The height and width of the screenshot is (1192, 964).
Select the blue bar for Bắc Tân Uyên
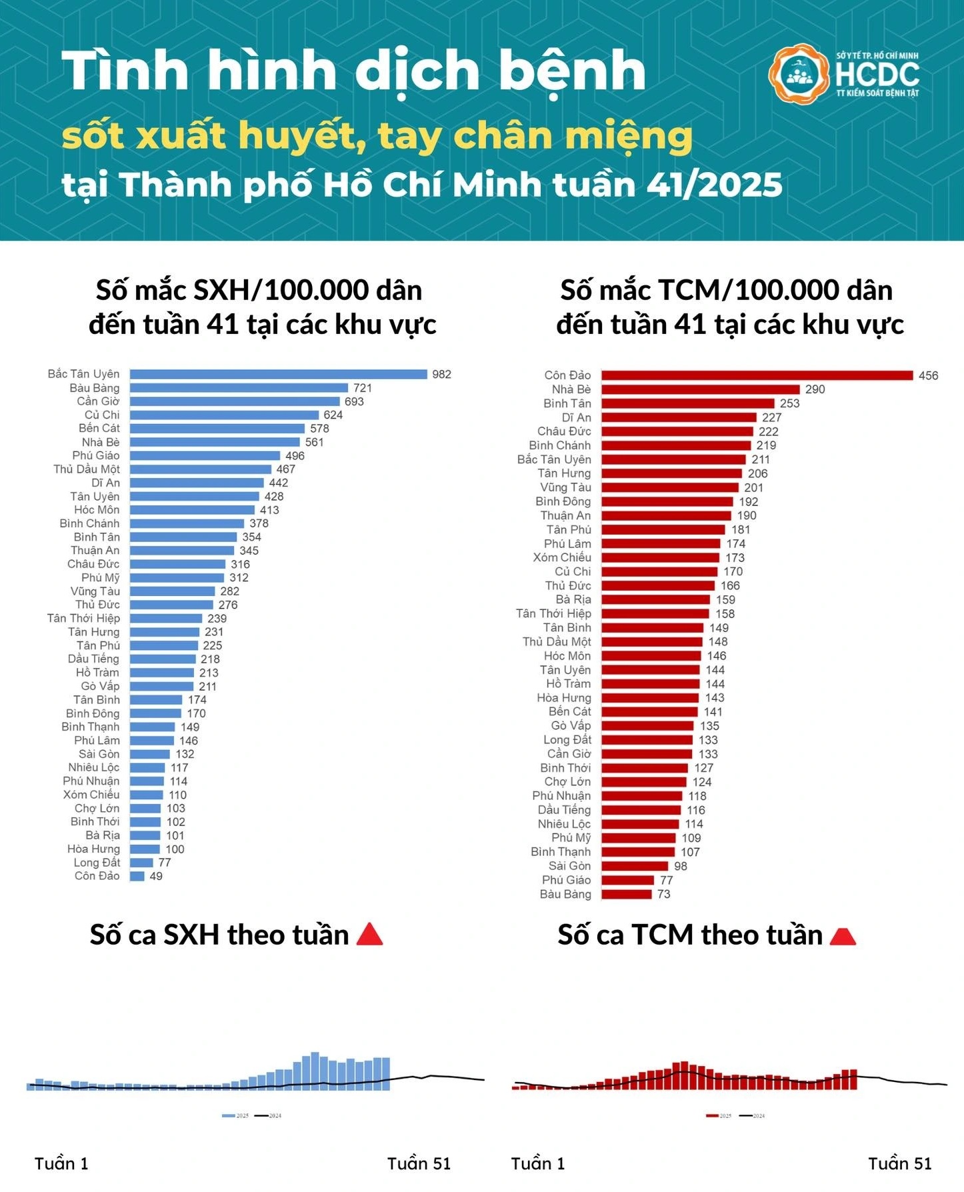pos(278,374)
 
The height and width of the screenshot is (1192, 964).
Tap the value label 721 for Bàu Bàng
pos(363,388)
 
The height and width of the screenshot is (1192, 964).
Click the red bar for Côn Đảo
pos(757,375)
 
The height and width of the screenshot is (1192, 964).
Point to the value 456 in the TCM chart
pos(928,375)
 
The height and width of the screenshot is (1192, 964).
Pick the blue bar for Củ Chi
pos(224,415)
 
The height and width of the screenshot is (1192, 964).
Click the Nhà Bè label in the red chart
pos(571,389)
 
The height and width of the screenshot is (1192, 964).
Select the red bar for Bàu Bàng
pos(626,894)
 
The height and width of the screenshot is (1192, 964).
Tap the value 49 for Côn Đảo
pos(156,876)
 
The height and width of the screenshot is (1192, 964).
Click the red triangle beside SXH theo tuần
pos(370,935)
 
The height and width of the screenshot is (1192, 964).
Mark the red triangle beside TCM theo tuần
pos(843,936)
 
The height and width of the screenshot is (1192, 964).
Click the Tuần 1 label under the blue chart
pos(61,1163)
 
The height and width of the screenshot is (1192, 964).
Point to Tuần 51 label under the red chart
pos(899,1163)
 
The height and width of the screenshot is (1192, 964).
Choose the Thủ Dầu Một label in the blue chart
pos(87,469)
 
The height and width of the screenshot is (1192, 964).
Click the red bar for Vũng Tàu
pos(669,487)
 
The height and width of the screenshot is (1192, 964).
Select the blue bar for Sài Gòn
pos(150,754)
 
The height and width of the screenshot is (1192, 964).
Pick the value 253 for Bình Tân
pos(789,403)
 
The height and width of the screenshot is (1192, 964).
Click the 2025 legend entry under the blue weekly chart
pos(236,1115)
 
